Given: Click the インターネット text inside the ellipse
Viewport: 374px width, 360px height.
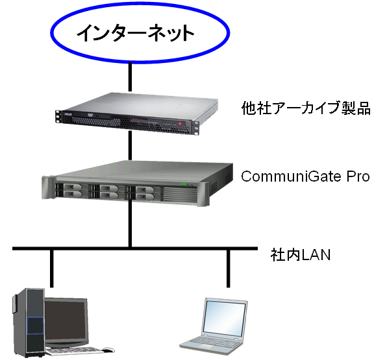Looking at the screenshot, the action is point(135,33).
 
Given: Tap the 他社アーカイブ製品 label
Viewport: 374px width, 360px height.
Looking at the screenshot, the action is point(306,108).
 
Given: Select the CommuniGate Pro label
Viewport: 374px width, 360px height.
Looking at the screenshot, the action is point(305,176).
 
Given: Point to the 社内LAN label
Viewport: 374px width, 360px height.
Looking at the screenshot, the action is point(301,255).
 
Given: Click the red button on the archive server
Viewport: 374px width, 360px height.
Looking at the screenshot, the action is point(180,124).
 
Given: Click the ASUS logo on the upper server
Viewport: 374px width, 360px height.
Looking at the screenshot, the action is point(68,115).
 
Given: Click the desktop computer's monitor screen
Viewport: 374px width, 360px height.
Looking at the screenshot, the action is point(65,320).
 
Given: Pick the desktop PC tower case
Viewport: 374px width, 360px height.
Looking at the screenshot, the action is point(29,322).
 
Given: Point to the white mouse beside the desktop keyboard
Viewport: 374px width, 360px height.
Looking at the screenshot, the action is point(108,350).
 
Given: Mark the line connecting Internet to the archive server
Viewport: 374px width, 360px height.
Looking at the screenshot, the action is point(130,77).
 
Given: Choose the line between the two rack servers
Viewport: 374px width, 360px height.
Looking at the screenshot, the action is point(130,145).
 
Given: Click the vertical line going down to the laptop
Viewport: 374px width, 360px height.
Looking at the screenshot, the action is point(229,269).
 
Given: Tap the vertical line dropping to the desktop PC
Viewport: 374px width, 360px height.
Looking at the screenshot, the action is point(51,269).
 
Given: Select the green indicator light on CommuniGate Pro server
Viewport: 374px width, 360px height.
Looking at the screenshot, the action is point(182,184).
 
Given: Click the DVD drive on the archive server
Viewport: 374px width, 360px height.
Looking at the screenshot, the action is point(92,116).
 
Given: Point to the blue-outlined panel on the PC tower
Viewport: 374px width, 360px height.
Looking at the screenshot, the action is point(35,326).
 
